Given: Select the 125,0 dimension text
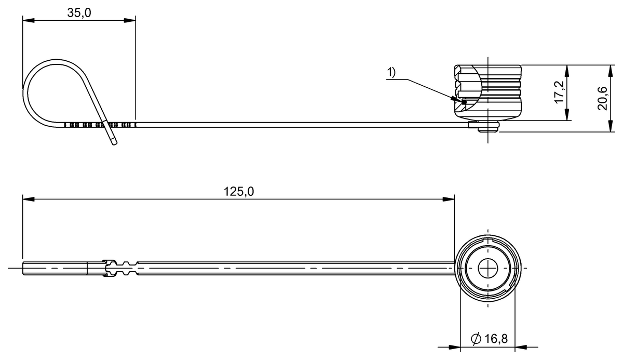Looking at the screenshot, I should point(239,191).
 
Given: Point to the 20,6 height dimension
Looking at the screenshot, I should point(602,98).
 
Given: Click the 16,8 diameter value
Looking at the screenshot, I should point(496,339).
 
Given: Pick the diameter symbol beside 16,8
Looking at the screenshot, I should point(476,339).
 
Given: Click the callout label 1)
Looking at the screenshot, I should point(390,73).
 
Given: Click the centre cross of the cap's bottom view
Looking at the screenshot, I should point(489,268).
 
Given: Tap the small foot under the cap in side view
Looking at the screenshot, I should point(488,127).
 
